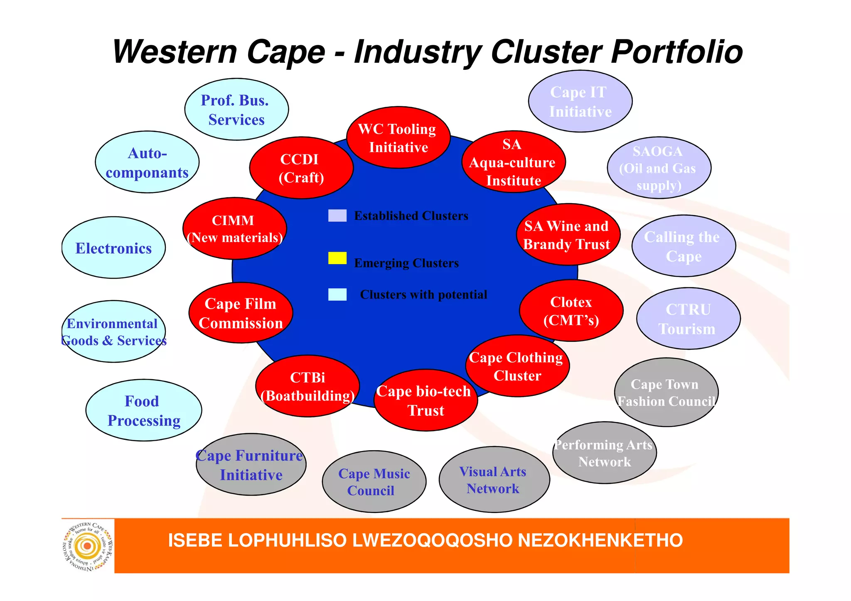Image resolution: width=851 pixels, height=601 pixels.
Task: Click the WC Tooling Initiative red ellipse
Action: click(x=398, y=137)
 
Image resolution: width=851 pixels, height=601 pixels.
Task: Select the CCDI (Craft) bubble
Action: click(x=301, y=168)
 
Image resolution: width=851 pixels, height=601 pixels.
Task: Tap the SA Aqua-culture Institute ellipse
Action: click(x=513, y=162)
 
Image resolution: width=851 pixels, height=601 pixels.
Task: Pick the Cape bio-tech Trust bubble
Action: click(x=425, y=400)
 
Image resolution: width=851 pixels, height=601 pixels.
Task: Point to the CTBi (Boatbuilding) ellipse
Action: click(x=307, y=386)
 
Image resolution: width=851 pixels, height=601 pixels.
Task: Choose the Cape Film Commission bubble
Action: click(x=241, y=313)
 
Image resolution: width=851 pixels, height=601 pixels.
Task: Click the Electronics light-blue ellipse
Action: click(x=113, y=248)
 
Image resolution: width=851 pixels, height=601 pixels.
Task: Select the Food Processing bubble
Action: click(x=144, y=410)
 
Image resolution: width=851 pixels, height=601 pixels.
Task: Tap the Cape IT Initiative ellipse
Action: click(x=580, y=101)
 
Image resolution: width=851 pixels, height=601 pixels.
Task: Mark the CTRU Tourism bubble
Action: click(x=688, y=319)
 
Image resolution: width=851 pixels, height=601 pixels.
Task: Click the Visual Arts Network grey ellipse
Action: click(x=494, y=480)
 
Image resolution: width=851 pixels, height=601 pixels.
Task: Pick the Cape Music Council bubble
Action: click(x=374, y=482)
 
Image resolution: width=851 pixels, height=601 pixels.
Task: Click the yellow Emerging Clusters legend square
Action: click(x=337, y=258)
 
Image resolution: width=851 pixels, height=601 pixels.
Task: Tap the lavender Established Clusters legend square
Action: click(x=337, y=216)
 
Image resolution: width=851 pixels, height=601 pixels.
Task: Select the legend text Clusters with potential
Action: click(x=423, y=294)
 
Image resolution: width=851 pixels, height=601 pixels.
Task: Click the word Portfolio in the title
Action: click(x=676, y=52)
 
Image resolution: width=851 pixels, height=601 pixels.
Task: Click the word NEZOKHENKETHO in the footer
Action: click(x=600, y=541)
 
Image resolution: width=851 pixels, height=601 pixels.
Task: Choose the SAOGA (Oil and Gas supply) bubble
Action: click(x=659, y=168)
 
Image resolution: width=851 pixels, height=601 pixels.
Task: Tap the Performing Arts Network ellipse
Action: click(x=604, y=453)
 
